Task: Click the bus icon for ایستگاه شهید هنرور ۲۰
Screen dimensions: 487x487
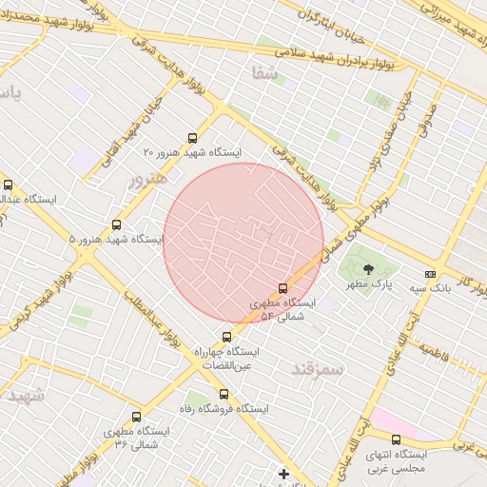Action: (193, 138)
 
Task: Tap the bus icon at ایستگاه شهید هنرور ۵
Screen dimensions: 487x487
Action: (116, 225)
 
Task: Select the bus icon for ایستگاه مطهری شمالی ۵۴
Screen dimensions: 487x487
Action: (282, 288)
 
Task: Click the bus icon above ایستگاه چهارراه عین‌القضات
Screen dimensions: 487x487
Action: (226, 337)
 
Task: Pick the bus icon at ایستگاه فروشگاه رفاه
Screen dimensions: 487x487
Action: (224, 394)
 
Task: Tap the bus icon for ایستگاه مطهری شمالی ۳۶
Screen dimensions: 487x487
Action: (136, 417)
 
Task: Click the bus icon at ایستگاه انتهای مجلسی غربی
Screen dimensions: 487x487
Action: (396, 439)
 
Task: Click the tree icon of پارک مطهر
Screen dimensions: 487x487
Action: (369, 269)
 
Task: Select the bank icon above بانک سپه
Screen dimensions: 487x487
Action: (430, 273)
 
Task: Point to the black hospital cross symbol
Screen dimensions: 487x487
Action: (283, 473)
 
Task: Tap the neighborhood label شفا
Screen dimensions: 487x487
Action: (264, 71)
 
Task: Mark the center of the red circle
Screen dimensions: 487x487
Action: (243, 243)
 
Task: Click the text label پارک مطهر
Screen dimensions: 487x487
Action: (369, 284)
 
